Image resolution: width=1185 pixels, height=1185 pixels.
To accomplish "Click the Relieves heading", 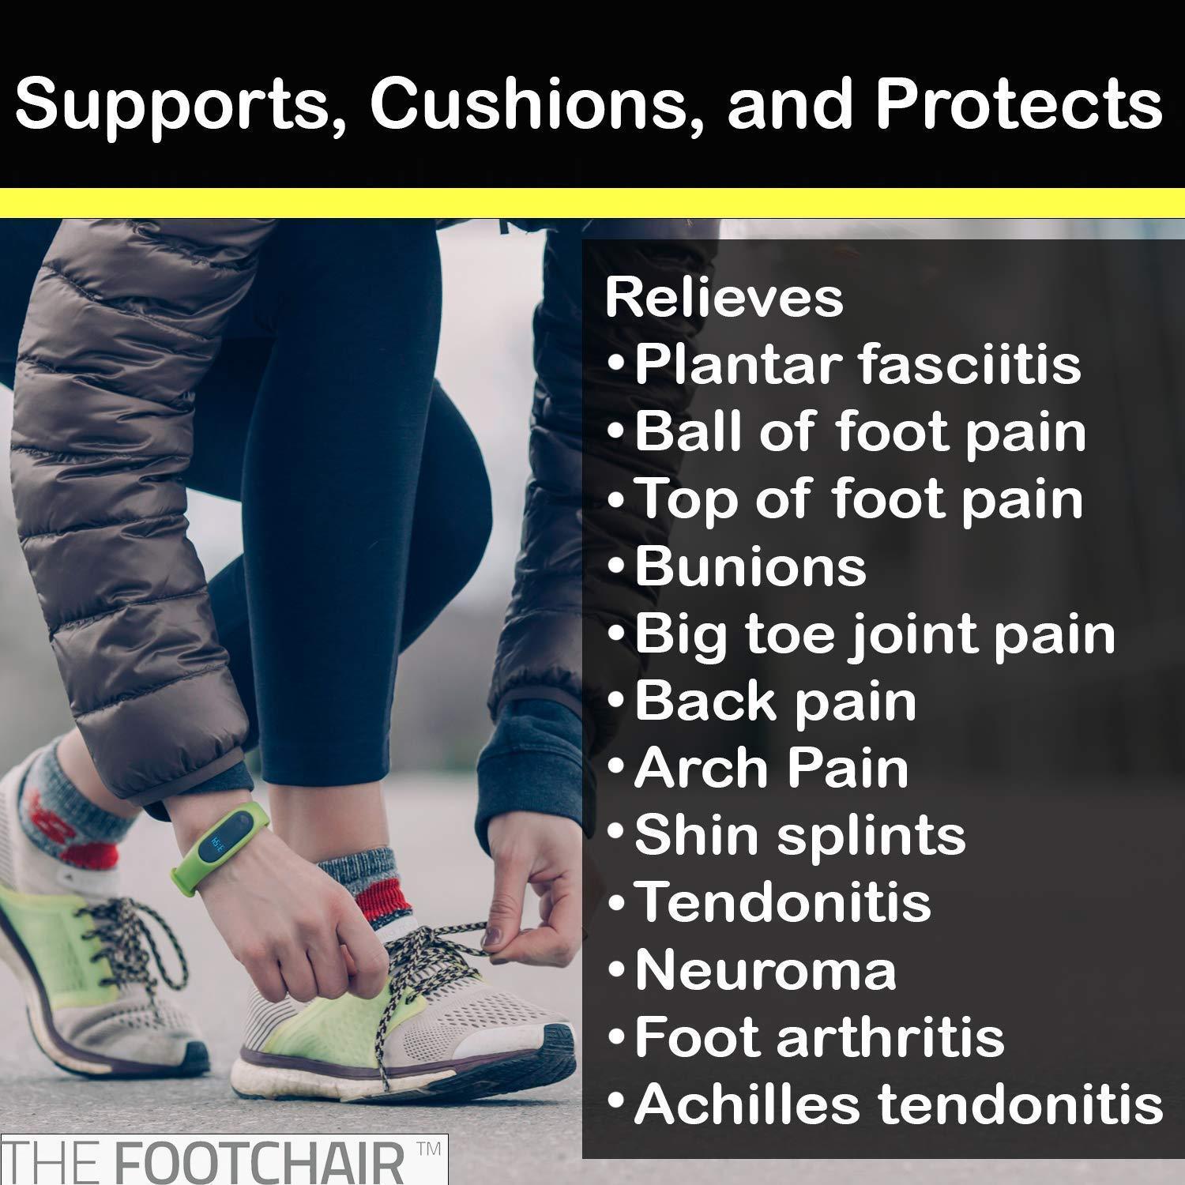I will tap(724, 298).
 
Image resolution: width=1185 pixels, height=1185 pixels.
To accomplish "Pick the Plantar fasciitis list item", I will tap(857, 365).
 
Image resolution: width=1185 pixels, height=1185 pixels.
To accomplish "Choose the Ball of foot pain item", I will tap(860, 432).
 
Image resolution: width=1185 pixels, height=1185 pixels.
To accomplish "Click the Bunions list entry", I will tap(750, 566).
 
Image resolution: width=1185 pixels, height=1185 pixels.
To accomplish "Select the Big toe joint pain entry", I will tap(874, 634).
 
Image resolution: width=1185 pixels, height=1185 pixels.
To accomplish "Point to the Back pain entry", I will tap(775, 702).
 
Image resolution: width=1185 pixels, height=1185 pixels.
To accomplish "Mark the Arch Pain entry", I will tap(771, 768).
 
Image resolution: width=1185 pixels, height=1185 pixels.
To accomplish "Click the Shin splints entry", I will tap(799, 835).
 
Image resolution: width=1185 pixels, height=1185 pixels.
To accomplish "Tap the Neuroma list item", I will tap(765, 970).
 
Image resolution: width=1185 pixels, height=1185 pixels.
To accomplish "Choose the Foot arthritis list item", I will tap(818, 1037).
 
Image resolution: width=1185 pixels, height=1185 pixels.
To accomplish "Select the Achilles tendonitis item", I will tap(897, 1104).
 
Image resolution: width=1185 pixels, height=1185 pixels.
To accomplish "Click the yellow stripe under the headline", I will tap(592, 204).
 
